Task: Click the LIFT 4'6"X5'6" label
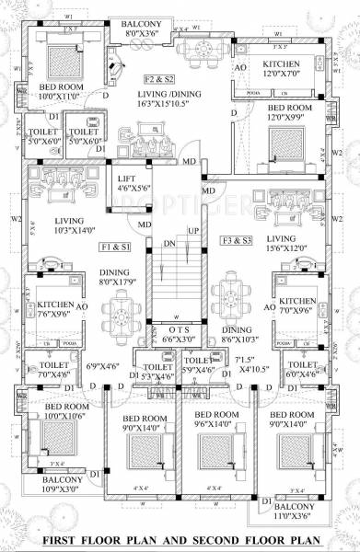[133, 181]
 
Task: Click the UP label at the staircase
[192, 230]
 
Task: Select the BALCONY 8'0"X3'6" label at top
[143, 29]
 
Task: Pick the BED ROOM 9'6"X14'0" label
[224, 420]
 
